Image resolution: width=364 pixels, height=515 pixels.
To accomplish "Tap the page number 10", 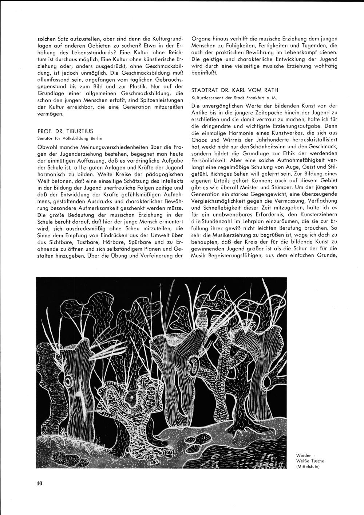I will click(40, 483).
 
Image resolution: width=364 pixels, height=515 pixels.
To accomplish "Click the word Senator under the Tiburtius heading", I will click(46, 138).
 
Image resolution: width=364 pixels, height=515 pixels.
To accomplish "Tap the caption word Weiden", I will click(304, 455).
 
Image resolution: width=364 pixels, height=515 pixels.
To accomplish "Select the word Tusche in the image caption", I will click(316, 461).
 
